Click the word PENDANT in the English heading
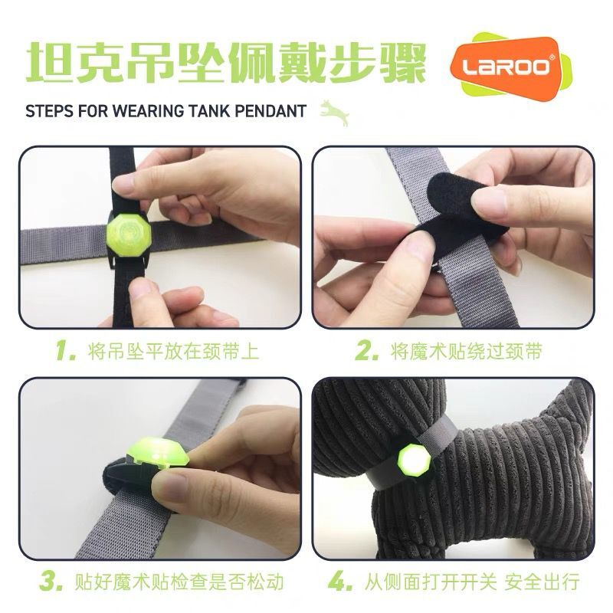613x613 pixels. click(270, 111)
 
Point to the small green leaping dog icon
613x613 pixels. click(335, 113)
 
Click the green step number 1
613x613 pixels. click(65, 351)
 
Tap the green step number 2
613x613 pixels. click(366, 351)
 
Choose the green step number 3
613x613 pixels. click(51, 582)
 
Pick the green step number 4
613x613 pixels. click(339, 582)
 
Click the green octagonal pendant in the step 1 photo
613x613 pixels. click(129, 235)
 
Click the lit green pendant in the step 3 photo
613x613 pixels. click(158, 453)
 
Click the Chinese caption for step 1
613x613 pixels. click(174, 351)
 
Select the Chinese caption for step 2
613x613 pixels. click(467, 351)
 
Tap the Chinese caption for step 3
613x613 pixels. click(179, 582)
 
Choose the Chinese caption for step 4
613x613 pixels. click(472, 582)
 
